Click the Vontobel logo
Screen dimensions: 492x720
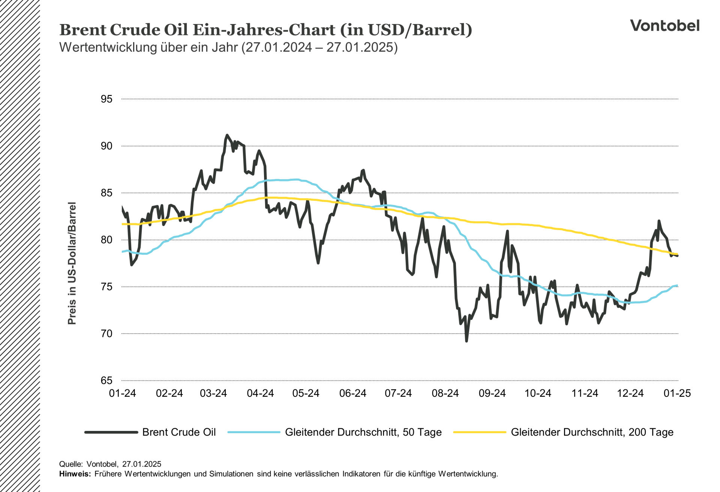click(664, 25)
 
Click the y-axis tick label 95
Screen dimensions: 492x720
click(106, 99)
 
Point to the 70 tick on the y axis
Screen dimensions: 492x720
click(106, 333)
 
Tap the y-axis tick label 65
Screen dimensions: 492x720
click(106, 380)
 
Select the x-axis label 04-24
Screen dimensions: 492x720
click(260, 393)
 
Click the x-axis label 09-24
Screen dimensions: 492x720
click(492, 393)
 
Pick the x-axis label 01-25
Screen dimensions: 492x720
click(677, 393)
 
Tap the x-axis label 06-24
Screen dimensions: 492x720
click(352, 393)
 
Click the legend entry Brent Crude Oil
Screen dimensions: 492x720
click(179, 432)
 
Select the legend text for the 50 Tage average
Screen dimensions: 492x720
click(363, 432)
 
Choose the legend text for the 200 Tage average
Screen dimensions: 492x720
click(592, 432)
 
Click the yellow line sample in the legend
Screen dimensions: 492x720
click(480, 432)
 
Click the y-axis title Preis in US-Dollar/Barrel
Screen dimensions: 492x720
click(72, 263)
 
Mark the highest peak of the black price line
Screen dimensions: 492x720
click(227, 135)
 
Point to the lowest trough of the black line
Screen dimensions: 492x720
click(466, 341)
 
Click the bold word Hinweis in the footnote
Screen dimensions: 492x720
click(75, 474)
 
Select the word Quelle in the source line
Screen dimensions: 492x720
click(70, 464)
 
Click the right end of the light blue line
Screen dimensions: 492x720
click(677, 286)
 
